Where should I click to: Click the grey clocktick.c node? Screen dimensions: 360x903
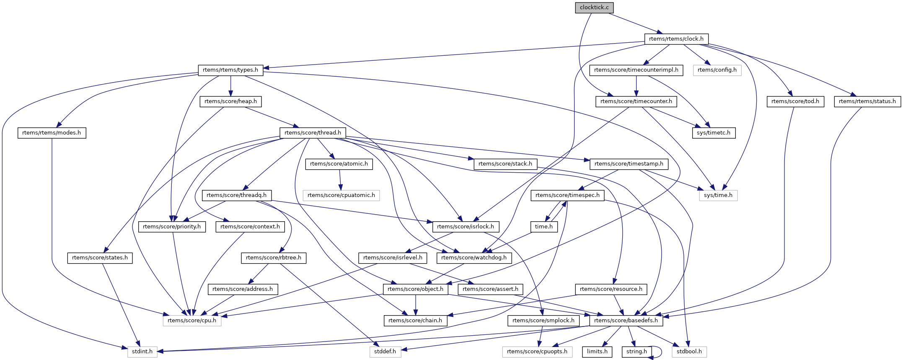click(594, 8)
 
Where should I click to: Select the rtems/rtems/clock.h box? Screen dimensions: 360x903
click(676, 39)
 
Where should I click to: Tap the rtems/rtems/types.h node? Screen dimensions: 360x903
click(230, 70)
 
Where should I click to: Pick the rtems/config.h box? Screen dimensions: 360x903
click(717, 70)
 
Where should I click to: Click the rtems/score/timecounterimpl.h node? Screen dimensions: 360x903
click(636, 70)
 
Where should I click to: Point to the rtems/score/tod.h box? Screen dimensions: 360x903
click(795, 101)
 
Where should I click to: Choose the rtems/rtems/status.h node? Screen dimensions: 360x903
click(867, 101)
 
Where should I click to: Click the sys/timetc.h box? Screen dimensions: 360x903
click(713, 133)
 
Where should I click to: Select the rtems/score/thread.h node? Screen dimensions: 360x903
click(313, 133)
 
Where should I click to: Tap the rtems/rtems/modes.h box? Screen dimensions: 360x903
click(52, 133)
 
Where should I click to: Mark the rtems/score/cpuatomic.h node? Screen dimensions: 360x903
click(341, 195)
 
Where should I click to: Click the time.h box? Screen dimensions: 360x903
click(544, 227)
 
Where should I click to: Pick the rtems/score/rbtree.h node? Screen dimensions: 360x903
click(274, 258)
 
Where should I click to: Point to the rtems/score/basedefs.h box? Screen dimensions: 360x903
click(626, 321)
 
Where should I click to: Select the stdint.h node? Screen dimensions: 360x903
click(142, 352)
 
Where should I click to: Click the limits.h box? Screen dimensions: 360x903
click(597, 352)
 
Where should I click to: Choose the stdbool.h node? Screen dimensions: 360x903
click(689, 352)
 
